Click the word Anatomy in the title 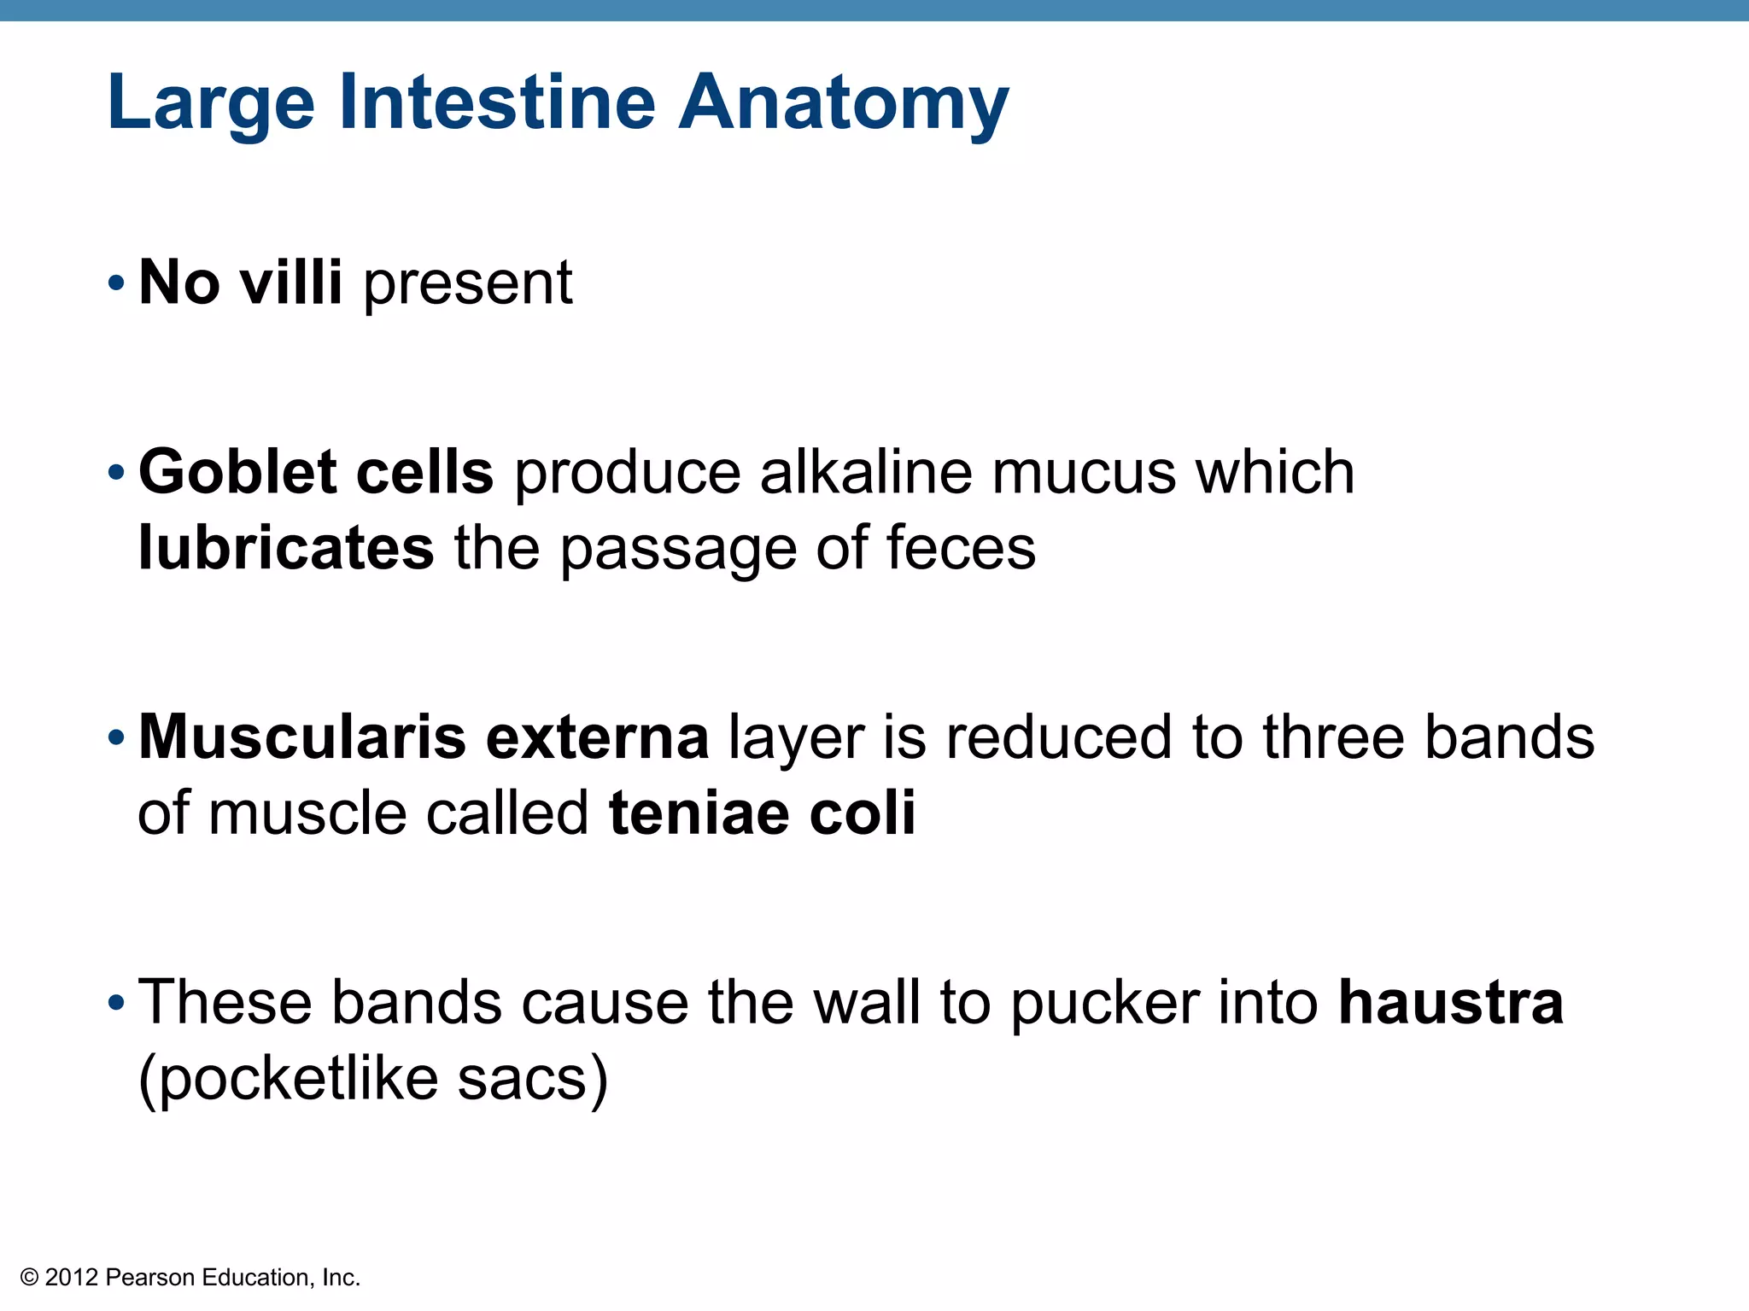coord(843,104)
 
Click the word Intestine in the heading coord(497,102)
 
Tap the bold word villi coord(290,282)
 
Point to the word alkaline coord(866,471)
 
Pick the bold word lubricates coord(286,547)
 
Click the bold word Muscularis coord(301,736)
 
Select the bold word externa coord(597,736)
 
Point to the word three coord(1333,736)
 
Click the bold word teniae coord(699,812)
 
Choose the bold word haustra coord(1450,1002)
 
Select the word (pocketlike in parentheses coord(288,1080)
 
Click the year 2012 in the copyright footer coord(72,1278)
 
